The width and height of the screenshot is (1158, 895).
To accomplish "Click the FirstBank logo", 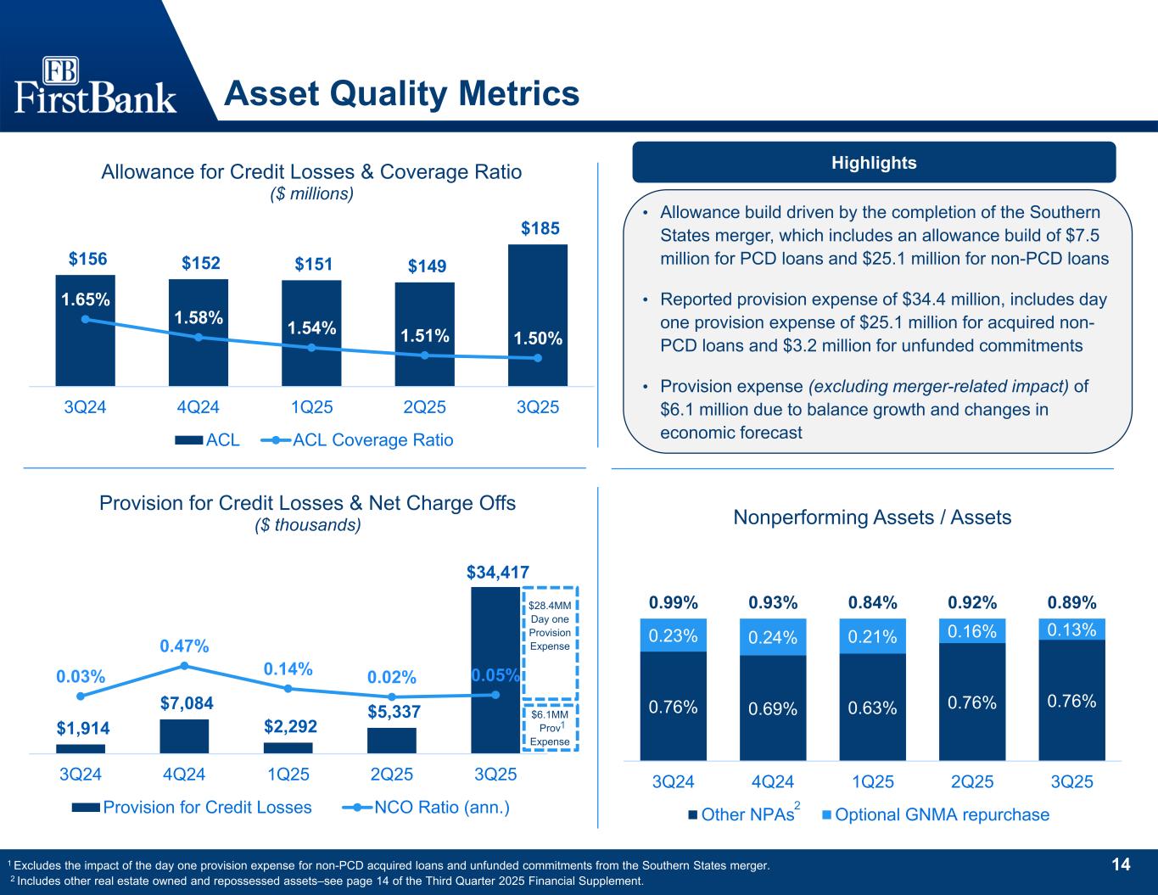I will pyautogui.click(x=95, y=86).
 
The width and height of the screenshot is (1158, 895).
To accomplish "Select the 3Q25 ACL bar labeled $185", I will pyautogui.click(x=538, y=314).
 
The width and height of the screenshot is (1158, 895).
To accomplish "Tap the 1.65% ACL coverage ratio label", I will pyautogui.click(x=85, y=299).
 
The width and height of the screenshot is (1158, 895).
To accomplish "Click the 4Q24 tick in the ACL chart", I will pyautogui.click(x=198, y=407).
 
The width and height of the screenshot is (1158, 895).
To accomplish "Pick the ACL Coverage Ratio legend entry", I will pyautogui.click(x=360, y=440).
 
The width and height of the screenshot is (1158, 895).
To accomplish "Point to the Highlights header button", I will pyautogui.click(x=874, y=163).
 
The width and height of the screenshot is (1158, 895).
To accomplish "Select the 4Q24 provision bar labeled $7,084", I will pyautogui.click(x=184, y=736).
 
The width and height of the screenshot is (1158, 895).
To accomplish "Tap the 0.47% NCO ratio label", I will pyautogui.click(x=184, y=646).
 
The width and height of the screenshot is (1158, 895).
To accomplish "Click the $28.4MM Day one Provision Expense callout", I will pyautogui.click(x=550, y=626).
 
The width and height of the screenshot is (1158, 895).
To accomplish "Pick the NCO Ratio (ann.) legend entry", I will pyautogui.click(x=429, y=807).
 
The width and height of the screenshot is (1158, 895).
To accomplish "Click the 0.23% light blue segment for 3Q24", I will pyautogui.click(x=673, y=635).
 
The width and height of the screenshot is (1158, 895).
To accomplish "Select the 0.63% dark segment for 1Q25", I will pyautogui.click(x=873, y=707).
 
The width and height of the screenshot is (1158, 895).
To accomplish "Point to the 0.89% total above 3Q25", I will pyautogui.click(x=1071, y=603).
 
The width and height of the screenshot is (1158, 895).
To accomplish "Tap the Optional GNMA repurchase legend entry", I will pyautogui.click(x=937, y=815).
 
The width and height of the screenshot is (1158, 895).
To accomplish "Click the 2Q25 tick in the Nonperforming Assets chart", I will pyautogui.click(x=972, y=782).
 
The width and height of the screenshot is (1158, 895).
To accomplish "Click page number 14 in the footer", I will pyautogui.click(x=1121, y=864).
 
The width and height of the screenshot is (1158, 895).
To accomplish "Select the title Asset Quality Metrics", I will pyautogui.click(x=401, y=93).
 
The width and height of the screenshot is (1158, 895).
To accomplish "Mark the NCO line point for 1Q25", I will pyautogui.click(x=288, y=688).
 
